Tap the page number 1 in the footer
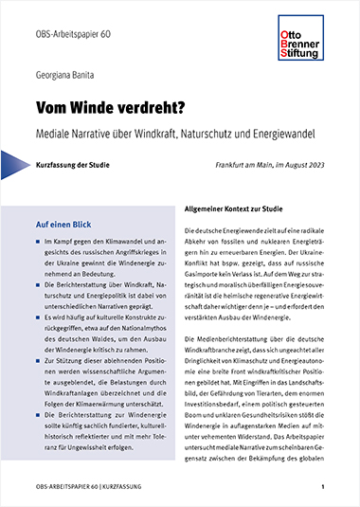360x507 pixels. coord(323,487)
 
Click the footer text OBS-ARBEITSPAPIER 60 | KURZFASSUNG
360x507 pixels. coord(84,487)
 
